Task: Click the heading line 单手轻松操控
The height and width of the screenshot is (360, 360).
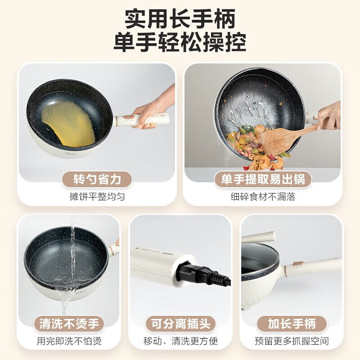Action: tap(180, 44)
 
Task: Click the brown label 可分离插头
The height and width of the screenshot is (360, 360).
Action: tap(180, 323)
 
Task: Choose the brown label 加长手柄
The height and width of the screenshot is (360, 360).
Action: tap(292, 323)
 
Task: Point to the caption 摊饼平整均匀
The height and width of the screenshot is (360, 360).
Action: tap(97, 197)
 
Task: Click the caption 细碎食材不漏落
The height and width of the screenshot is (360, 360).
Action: tap(263, 197)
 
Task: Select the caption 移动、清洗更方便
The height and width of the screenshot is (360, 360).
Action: tap(180, 341)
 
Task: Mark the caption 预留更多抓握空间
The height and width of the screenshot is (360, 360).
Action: tap(292, 341)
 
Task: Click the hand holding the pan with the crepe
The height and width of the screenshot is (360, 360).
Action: tap(151, 112)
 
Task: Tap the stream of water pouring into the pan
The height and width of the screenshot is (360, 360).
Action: tap(72, 252)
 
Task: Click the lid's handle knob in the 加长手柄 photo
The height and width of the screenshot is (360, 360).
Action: tap(259, 237)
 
